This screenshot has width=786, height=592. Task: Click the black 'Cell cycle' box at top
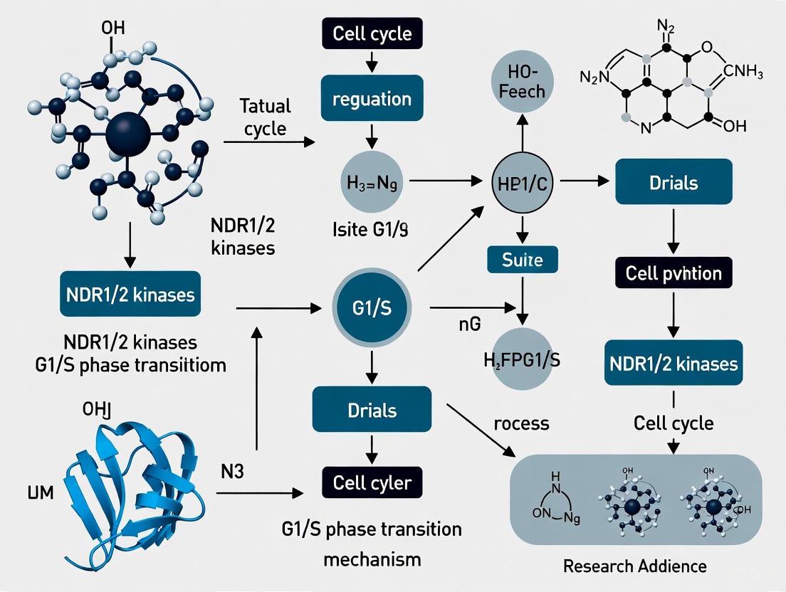(372, 34)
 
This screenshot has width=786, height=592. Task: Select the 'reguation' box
(372, 98)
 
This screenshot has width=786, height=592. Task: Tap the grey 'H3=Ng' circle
(372, 182)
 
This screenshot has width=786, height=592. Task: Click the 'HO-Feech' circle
(523, 83)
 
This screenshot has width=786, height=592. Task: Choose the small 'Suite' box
(523, 260)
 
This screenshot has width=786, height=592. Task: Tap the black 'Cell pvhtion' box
(673, 273)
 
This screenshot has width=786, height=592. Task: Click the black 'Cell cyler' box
(372, 483)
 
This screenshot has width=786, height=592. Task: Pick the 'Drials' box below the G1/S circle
(372, 409)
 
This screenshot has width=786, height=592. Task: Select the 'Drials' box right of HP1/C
(673, 182)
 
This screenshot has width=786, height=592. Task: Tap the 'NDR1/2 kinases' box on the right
(673, 364)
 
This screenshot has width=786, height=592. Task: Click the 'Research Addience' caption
(634, 566)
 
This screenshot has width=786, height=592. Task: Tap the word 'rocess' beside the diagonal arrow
(520, 423)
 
